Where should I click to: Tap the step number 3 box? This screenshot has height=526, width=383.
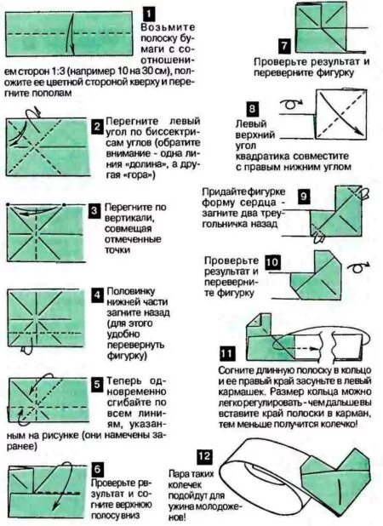[x=95, y=209]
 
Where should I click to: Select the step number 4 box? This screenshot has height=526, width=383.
[x=98, y=295]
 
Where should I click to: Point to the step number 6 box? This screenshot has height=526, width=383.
[x=98, y=469]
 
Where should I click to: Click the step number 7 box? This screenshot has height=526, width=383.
[x=285, y=45]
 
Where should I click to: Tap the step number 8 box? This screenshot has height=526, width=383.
[x=252, y=109]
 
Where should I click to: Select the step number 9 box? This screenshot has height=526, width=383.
[x=303, y=196]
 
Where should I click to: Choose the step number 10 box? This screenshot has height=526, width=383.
[x=272, y=263]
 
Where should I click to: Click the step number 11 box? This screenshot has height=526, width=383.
[x=226, y=352]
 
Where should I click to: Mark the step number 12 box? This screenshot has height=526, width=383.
[x=203, y=456]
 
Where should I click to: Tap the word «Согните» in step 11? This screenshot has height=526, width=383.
[x=239, y=371]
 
